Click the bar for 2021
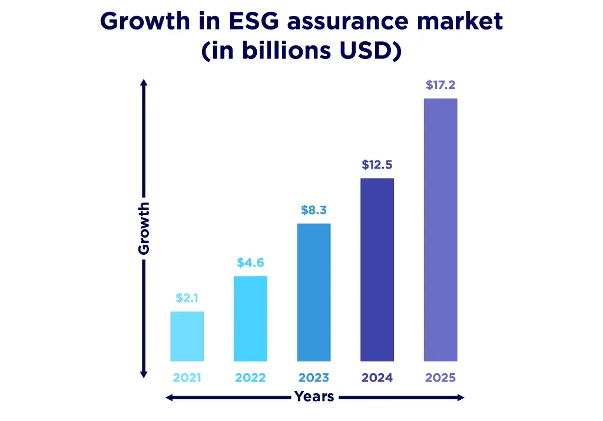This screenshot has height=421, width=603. coord(187,336)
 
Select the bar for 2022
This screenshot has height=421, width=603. coord(250,318)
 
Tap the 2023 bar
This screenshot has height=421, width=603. coord(314,292)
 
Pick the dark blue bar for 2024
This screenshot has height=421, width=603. coord(377,269)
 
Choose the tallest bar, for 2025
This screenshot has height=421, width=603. coord(440,230)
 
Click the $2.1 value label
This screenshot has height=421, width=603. coord(187,298)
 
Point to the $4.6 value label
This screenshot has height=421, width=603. coord(250,263)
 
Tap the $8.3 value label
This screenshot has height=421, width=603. coord(314,210)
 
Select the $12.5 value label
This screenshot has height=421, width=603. coord(377,165)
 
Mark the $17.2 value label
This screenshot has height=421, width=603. coord(440,85)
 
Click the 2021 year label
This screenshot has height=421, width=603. coord(187,378)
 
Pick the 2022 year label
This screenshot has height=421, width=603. coord(250,378)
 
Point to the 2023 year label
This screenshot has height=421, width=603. coord(314,378)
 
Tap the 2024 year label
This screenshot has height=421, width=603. coord(377,378)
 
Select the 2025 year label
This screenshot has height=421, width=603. coord(440,378)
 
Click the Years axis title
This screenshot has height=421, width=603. coord(314,397)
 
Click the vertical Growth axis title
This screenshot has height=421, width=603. coord(144,228)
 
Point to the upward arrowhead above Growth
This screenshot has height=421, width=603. coord(144,83)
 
